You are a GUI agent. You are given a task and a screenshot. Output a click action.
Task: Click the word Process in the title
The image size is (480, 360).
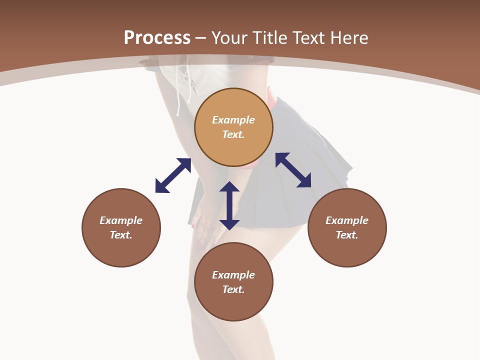(157, 38)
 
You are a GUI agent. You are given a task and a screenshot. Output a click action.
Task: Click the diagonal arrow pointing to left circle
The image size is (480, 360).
(173, 175)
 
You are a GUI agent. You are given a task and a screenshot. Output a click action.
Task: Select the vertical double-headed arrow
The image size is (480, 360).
(229, 205)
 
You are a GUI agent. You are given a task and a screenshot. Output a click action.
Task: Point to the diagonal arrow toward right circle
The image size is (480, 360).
(293, 170)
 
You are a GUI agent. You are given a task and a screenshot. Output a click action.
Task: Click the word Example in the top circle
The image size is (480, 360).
(233, 120)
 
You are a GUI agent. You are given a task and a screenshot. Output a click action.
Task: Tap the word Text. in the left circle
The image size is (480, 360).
(121, 235)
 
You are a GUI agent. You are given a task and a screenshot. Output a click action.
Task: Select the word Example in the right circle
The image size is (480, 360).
(347, 220)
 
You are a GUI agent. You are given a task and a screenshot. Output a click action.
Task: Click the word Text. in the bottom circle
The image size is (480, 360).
(233, 289)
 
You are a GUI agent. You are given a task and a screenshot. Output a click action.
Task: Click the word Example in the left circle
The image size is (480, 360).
(121, 220)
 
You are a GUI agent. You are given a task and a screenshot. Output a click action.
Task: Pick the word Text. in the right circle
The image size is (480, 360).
(347, 235)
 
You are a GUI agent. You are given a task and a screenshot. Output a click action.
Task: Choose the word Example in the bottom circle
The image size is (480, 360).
(233, 275)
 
